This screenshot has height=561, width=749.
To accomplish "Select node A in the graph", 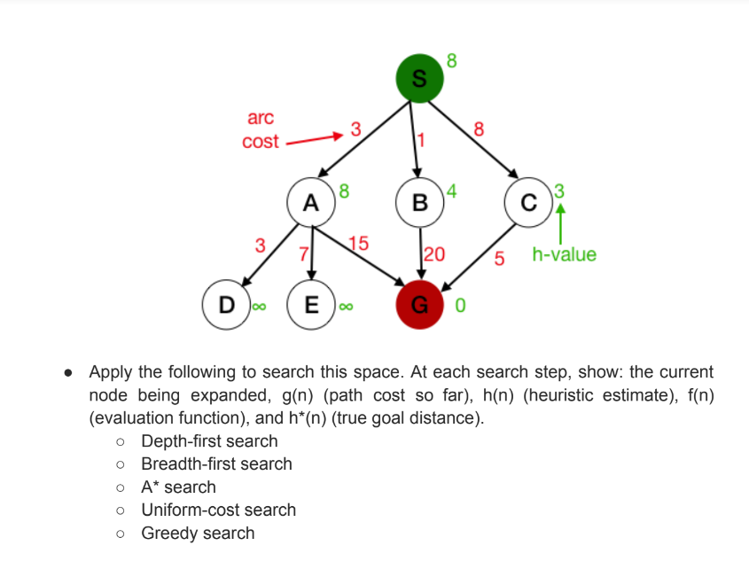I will (310, 202).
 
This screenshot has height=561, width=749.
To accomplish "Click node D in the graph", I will (227, 306).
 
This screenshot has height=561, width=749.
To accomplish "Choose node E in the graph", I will (311, 306).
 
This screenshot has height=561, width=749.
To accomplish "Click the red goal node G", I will (420, 306).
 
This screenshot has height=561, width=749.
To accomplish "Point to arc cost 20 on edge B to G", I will (434, 254).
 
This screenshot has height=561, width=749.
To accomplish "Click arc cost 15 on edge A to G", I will (359, 243).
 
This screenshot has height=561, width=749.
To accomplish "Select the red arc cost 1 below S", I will (422, 139).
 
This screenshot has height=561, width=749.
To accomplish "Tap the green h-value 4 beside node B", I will (451, 189).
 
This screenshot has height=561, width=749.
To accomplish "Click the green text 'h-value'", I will (565, 255).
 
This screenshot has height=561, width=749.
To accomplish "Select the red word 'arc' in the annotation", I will (261, 118).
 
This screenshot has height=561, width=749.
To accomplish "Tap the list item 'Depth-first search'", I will (209, 440).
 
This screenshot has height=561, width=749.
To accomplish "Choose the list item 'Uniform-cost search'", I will (219, 510).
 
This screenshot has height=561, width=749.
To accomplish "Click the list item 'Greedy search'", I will (198, 533).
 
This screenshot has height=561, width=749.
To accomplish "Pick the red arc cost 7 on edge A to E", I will (303, 254).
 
